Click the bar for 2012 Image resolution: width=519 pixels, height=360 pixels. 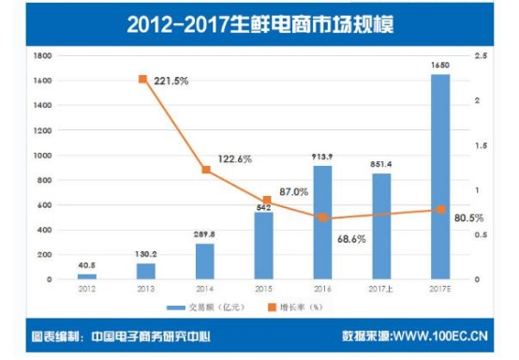click(87, 277)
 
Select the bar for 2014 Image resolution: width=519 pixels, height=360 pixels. click(205, 262)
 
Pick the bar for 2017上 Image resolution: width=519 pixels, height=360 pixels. click(381, 226)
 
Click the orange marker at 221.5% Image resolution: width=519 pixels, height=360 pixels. click(142, 80)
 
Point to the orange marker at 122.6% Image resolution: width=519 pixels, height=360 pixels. click(205, 170)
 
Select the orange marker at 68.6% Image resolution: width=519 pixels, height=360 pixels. click(322, 217)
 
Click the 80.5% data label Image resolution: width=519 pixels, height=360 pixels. click(467, 218)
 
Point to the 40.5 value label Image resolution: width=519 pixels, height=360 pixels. click(87, 266)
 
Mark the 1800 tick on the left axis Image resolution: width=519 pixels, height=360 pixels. click(40, 56)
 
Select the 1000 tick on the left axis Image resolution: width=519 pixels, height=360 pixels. click(40, 156)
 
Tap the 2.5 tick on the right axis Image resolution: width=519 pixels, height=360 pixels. click(480, 56)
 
